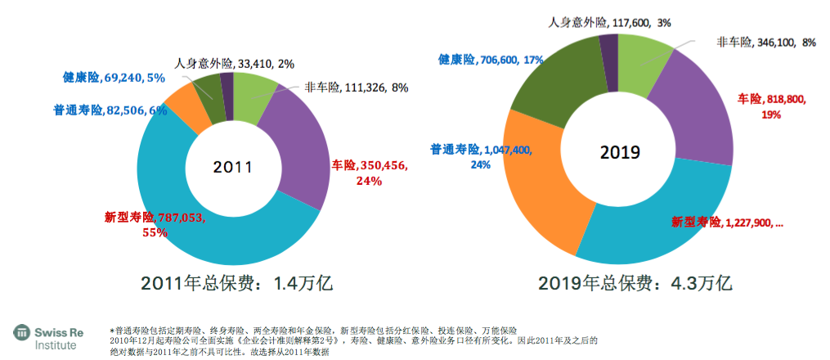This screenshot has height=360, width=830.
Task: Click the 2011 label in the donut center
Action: click(232, 167)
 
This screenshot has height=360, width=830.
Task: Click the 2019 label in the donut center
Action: click(619, 152)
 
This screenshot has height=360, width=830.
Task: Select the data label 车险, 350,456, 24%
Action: click(369, 173)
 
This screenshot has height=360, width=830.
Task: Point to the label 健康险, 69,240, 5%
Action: click(114, 78)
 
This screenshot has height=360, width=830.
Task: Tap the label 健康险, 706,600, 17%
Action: click(491, 60)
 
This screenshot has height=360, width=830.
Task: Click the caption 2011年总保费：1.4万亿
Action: click(237, 284)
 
